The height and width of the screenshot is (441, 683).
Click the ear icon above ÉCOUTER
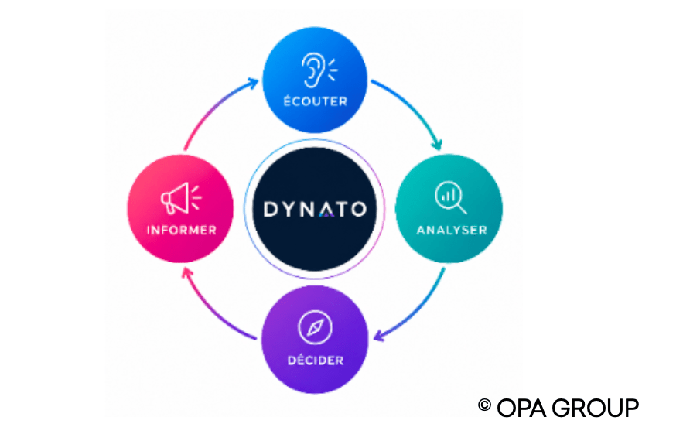[x=319, y=70]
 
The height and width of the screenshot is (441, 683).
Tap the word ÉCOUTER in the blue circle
[x=316, y=101]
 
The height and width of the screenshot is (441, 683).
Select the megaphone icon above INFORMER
[x=181, y=198]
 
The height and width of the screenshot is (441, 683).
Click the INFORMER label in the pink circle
[x=182, y=230]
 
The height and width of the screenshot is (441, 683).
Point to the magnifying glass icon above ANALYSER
[x=450, y=197]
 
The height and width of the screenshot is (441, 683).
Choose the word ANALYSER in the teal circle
[x=452, y=230]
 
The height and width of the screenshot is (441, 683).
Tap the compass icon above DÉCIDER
[x=315, y=327]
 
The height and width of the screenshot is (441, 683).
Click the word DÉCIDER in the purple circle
[x=316, y=360]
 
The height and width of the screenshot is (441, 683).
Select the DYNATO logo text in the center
[x=315, y=209]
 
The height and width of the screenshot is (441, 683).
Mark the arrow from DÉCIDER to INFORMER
[x=213, y=309]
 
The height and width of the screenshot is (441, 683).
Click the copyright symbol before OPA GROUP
[x=484, y=405]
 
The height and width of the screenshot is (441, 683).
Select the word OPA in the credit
[x=521, y=409]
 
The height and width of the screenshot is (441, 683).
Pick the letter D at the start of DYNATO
[x=271, y=209]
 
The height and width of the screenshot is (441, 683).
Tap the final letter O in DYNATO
[x=358, y=210]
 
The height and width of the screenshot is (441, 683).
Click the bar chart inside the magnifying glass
[x=448, y=195]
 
